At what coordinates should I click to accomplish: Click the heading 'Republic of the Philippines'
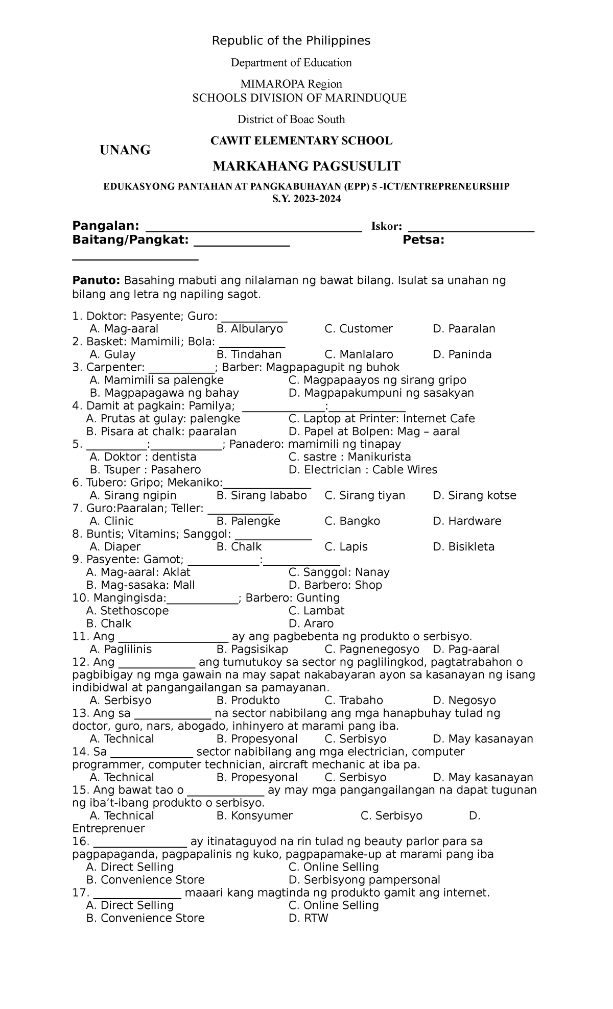point(291,41)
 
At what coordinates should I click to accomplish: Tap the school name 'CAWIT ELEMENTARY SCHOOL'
point(301,141)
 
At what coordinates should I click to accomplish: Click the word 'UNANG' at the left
point(125,150)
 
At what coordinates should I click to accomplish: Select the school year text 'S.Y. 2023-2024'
point(306,200)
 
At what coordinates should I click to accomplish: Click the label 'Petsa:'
point(423,241)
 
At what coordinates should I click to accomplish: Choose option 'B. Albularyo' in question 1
point(249,329)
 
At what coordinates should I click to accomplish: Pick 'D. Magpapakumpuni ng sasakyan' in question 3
point(381,393)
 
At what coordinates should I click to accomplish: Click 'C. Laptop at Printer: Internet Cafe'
point(382,419)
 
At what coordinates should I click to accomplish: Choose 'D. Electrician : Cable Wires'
point(363,470)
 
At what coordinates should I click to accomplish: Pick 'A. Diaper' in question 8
point(115,547)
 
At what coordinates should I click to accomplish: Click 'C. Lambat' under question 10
point(316,611)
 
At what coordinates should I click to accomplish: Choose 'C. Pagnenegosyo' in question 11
point(371,649)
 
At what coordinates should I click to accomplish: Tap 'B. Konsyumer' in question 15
point(254,815)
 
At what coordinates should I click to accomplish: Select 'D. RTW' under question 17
point(308,918)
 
